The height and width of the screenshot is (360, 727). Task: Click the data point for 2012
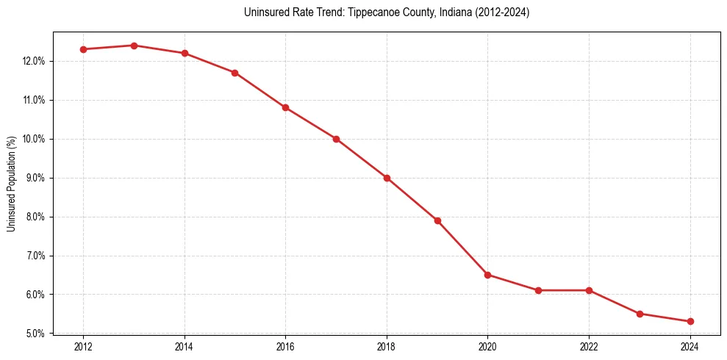click(x=83, y=49)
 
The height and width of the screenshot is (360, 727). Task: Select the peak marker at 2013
click(x=134, y=46)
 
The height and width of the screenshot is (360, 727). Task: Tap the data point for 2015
click(x=235, y=73)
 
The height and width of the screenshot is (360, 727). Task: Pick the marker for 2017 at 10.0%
click(x=336, y=139)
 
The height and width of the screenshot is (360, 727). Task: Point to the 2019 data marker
click(x=437, y=220)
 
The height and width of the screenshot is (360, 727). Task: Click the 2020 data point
click(x=488, y=275)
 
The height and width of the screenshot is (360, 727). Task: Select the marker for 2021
click(x=538, y=290)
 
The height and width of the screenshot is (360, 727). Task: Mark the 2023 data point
click(x=640, y=314)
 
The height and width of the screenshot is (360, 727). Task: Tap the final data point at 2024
click(x=690, y=321)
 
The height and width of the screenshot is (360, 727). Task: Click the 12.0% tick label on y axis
click(x=34, y=61)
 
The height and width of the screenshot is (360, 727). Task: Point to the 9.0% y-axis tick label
click(x=35, y=178)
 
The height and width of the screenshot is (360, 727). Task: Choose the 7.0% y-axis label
click(x=35, y=256)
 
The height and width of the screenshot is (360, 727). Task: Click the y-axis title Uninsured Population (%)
click(x=11, y=183)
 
